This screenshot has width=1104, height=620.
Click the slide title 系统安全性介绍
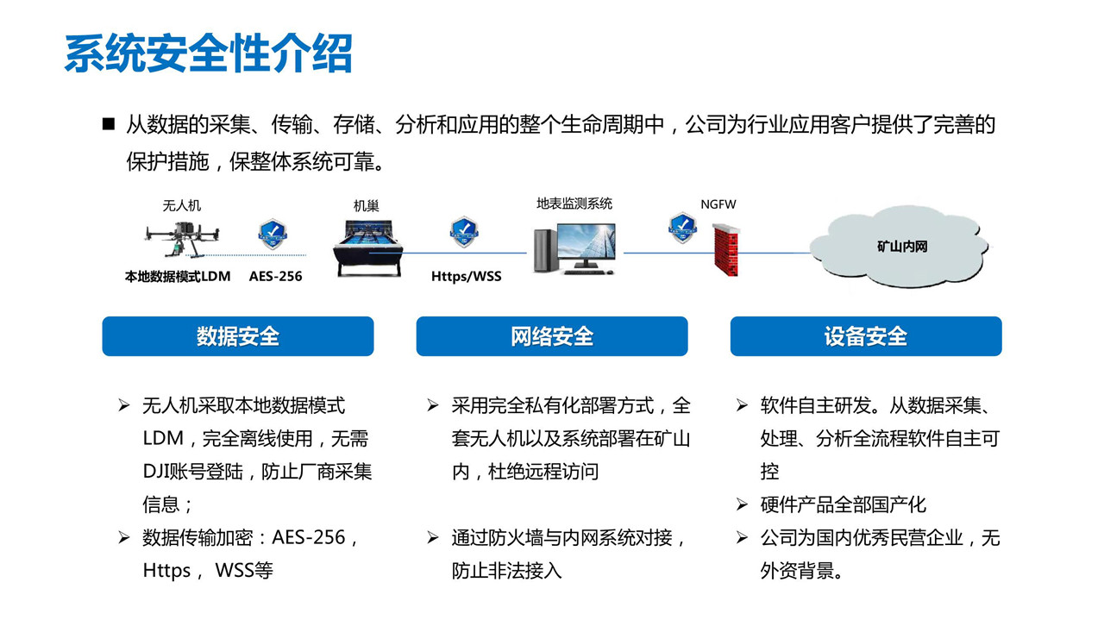tap(209, 53)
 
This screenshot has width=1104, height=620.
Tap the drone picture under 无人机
tap(181, 240)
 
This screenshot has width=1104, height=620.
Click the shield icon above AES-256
tap(273, 234)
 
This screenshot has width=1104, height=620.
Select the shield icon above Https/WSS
tap(464, 231)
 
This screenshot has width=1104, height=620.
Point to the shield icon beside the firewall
tap(682, 228)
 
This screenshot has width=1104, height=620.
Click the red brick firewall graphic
tap(726, 249)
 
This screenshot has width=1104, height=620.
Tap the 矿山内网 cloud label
tap(902, 247)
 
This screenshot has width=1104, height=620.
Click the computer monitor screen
tap(586, 242)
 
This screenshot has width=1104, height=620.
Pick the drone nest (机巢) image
tap(368, 247)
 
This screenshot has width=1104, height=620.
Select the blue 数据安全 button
tap(238, 336)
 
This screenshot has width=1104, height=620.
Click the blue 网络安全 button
tap(552, 336)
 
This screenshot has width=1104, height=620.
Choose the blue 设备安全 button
tap(866, 336)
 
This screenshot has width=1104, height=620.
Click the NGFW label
tap(718, 204)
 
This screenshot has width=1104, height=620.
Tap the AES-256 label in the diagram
tap(275, 276)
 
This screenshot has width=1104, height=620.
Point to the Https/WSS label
tap(467, 276)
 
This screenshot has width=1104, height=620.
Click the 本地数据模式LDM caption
tap(178, 277)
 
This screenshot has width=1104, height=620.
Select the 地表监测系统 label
tap(574, 204)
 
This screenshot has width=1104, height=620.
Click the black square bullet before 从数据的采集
tap(109, 123)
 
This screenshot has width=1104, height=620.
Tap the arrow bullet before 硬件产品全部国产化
tap(742, 504)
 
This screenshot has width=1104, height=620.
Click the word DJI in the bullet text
tap(156, 472)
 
